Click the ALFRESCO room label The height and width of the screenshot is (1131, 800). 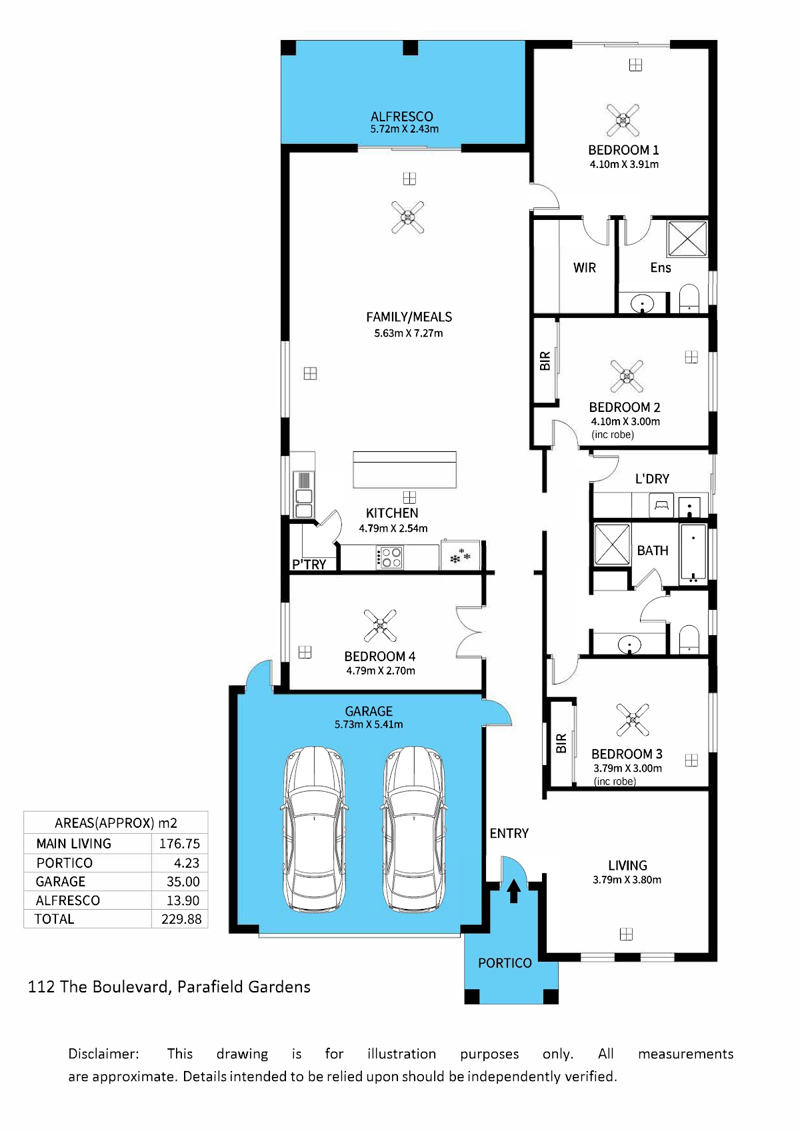(401, 117)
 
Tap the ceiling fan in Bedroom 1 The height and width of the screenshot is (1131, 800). (623, 120)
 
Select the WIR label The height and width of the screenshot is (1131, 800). (585, 268)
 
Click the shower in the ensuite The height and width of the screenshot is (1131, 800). (687, 239)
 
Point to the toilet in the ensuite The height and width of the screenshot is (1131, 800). (689, 299)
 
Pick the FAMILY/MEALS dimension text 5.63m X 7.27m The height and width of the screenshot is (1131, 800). (408, 333)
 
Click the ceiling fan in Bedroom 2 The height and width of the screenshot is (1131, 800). (626, 376)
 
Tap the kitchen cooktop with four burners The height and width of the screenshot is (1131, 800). (389, 557)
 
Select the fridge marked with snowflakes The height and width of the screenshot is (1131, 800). (460, 556)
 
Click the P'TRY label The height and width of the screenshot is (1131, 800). (309, 565)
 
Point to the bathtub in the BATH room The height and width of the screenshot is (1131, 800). (693, 554)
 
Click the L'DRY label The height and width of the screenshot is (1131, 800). (652, 479)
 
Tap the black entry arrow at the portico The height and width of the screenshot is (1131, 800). (513, 890)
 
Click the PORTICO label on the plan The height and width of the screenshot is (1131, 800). (505, 963)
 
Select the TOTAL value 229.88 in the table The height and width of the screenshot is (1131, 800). (181, 920)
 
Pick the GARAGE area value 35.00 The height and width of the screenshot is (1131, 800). (183, 882)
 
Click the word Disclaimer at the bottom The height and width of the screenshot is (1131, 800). (103, 1054)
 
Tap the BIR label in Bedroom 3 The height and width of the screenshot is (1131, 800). (561, 744)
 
